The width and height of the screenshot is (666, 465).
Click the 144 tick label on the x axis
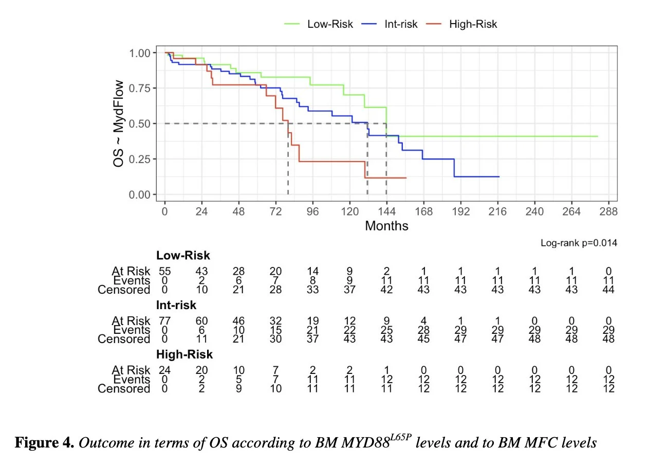pyautogui.click(x=386, y=212)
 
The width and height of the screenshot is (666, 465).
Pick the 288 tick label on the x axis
pyautogui.click(x=608, y=212)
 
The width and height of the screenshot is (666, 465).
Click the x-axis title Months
pyautogui.click(x=386, y=226)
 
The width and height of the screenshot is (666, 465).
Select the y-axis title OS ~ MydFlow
pyautogui.click(x=119, y=123)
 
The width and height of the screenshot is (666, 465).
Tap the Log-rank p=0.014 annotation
pyautogui.click(x=579, y=243)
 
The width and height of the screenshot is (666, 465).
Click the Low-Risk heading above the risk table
pyautogui.click(x=183, y=256)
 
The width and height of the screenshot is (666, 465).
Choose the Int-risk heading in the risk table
pyautogui.click(x=176, y=305)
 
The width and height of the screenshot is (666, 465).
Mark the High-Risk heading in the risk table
pyautogui.click(x=184, y=354)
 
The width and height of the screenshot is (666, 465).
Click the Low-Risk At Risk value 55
pyautogui.click(x=164, y=271)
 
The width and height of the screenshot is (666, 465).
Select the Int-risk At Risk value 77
pyautogui.click(x=164, y=321)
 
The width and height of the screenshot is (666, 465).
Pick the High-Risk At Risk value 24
pyautogui.click(x=164, y=370)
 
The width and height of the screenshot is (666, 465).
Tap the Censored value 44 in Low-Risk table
pyautogui.click(x=608, y=290)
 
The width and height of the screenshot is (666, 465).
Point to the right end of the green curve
pyautogui.click(x=598, y=136)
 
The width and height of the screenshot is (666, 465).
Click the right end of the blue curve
pyautogui.click(x=499, y=176)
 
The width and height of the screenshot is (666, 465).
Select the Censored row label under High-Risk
pyautogui.click(x=124, y=389)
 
